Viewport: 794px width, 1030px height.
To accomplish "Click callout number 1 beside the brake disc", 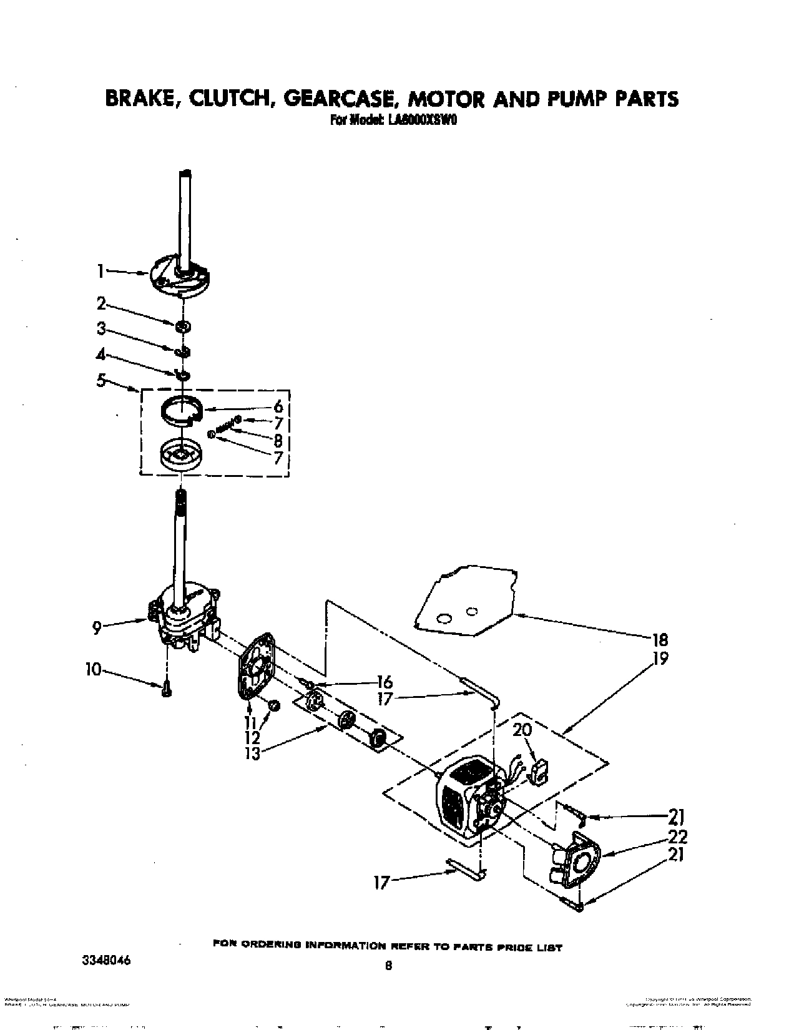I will (x=99, y=271).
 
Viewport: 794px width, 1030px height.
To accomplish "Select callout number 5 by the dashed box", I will (x=100, y=380).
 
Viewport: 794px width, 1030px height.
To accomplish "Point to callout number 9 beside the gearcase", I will (x=97, y=627).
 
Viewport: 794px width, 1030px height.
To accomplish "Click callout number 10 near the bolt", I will (x=92, y=670).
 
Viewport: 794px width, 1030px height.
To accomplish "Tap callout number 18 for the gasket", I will (x=659, y=639).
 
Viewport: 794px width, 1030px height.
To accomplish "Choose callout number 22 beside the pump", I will (x=677, y=836).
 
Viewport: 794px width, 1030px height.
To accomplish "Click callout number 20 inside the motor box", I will (x=522, y=730).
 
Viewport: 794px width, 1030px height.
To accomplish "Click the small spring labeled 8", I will (x=225, y=428).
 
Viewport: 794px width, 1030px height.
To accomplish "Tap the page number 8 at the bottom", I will (x=388, y=966).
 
